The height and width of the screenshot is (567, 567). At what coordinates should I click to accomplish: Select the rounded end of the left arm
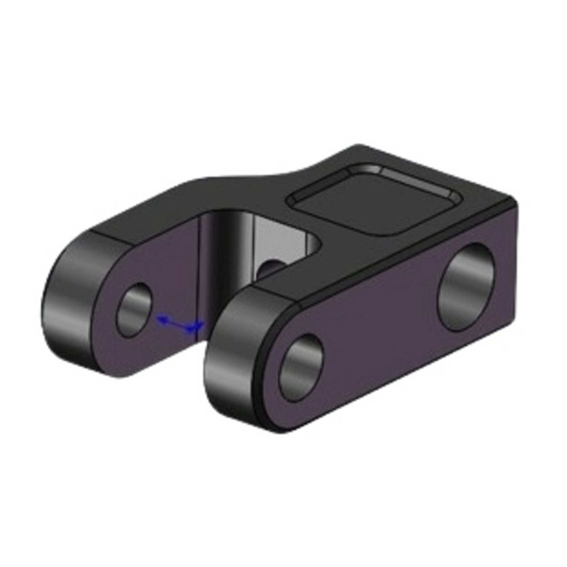point(67,312)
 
